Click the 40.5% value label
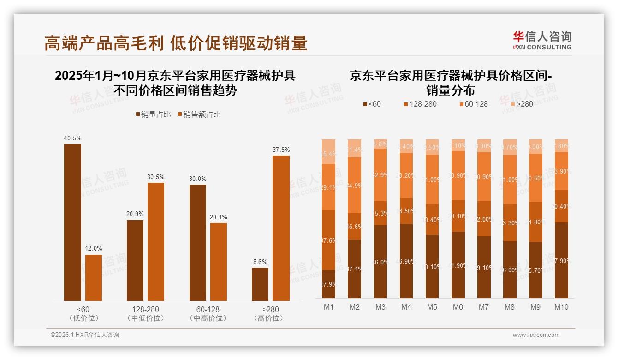(x=72, y=138)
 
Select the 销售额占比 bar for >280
(x=281, y=228)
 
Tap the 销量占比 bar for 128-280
(x=135, y=260)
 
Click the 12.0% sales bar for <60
(x=94, y=277)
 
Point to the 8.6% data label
(x=260, y=262)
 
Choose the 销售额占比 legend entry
(x=199, y=114)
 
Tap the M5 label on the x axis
(x=432, y=307)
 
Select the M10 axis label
(x=561, y=307)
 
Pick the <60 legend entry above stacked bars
(x=373, y=104)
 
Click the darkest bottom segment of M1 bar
(x=328, y=284)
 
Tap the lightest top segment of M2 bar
(x=354, y=148)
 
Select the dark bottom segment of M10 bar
(x=561, y=260)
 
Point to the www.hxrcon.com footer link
(x=535, y=335)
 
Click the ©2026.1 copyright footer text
(x=84, y=335)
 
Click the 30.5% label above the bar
(x=156, y=177)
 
